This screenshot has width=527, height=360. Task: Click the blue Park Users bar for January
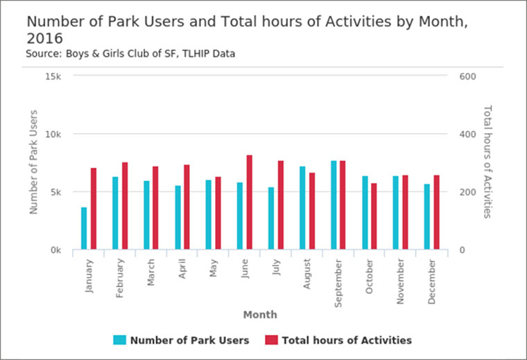[84, 228]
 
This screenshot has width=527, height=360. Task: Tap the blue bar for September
[334, 205]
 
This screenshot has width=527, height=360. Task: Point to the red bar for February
[125, 206]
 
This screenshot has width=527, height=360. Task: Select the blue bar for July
[271, 218]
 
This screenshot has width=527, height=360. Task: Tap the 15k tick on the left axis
[53, 76]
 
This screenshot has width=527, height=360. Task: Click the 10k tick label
[53, 134]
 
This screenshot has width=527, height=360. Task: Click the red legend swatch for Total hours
[271, 340]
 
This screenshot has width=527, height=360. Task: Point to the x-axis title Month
[260, 315]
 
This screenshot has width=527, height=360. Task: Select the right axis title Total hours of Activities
[487, 161]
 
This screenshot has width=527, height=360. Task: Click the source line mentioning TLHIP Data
[130, 53]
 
